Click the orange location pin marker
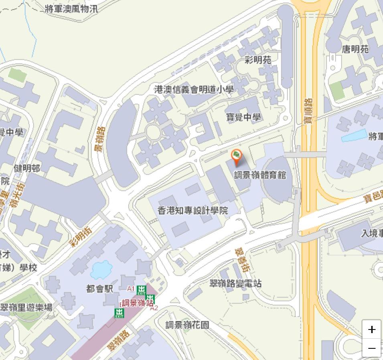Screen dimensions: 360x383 coord(237,156)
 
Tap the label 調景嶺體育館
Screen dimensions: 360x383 coord(260,175)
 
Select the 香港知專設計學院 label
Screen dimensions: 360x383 coord(193,211)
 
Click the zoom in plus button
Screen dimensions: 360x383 coord(371,329)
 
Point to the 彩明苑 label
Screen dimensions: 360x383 coord(258,60)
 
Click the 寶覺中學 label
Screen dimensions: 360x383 coord(243,117)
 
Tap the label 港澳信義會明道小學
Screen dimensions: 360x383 coord(194,89)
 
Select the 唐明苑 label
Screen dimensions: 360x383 coord(355,49)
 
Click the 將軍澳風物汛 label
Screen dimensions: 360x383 coord(71,9)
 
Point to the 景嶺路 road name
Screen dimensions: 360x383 coord(99,139)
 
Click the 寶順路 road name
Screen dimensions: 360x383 coord(308,111)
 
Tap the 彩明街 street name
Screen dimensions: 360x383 coord(81,237)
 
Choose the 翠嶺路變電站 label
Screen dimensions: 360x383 coord(235,283)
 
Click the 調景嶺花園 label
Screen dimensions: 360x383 coord(187,325)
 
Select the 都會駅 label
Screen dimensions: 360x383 coord(100,289)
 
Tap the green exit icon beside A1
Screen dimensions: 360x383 coord(141,290)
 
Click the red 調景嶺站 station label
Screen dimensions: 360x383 coord(137,303)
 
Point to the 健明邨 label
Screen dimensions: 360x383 coord(27,169)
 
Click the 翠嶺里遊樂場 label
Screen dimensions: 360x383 coord(26,308)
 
